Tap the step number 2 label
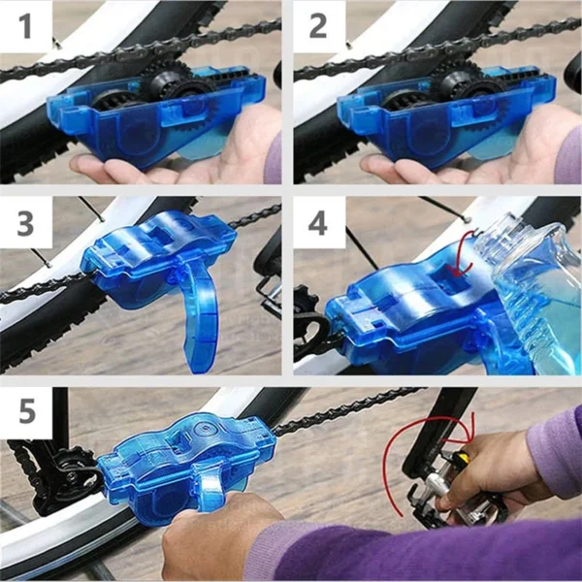point(319,26)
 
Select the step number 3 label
point(26,224)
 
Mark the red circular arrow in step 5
point(407,456)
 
